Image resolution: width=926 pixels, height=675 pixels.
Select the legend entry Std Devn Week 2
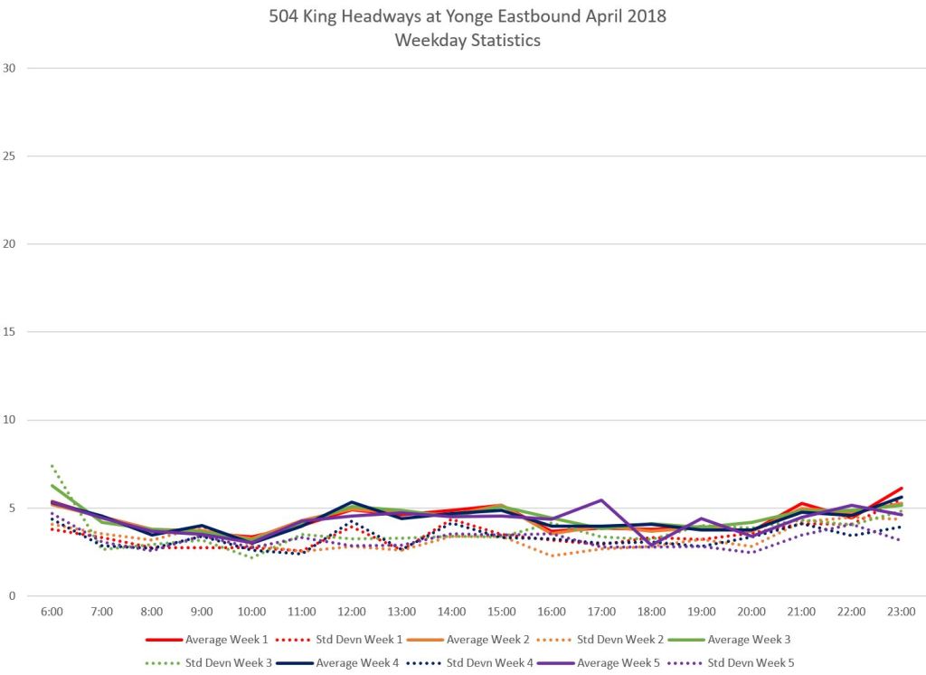pyautogui.click(x=621, y=640)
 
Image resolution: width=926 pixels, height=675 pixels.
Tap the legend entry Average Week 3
pyautogui.click(x=750, y=640)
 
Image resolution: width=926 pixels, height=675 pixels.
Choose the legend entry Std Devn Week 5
pyautogui.click(x=751, y=662)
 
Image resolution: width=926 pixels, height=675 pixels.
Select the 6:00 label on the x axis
pyautogui.click(x=52, y=612)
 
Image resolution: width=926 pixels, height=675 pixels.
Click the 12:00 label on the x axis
pyautogui.click(x=352, y=612)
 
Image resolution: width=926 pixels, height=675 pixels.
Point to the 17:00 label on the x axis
pyautogui.click(x=601, y=612)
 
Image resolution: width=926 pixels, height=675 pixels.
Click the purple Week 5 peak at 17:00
pyautogui.click(x=601, y=499)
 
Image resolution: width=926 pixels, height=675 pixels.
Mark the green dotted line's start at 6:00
pyautogui.click(x=52, y=465)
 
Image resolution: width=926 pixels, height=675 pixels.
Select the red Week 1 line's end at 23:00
pyautogui.click(x=902, y=489)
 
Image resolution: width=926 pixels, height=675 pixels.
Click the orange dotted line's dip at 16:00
pyautogui.click(x=552, y=556)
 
